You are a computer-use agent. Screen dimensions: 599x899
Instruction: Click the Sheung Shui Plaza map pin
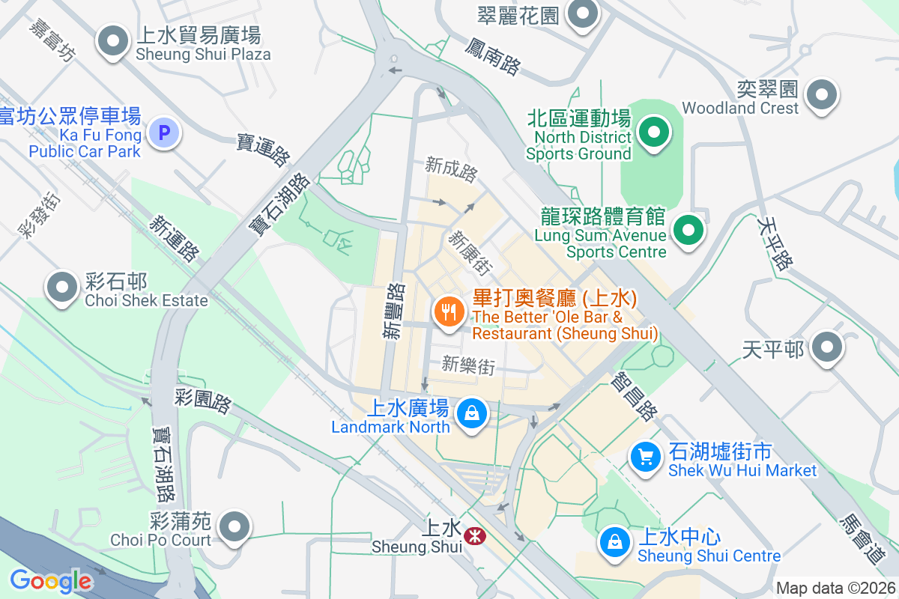pos(114,41)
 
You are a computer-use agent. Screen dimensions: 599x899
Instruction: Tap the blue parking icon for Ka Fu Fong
pos(164,134)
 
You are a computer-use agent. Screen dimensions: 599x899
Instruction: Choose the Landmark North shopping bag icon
pos(473,413)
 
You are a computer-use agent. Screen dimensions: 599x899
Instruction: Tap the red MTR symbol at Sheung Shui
pos(473,536)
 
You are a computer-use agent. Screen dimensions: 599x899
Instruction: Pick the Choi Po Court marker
pos(235,526)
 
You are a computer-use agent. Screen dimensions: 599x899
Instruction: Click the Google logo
pos(50,580)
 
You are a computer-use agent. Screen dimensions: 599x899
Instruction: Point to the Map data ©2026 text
pos(835,588)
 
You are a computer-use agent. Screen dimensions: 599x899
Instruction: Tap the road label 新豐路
pos(394,310)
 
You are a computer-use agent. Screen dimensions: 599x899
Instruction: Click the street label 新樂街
pos(468,365)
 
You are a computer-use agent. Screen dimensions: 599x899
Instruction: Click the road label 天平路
pos(775,244)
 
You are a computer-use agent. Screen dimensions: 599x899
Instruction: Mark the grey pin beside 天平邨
pos(827,347)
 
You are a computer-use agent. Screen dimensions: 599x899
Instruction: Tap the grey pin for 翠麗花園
pos(583,13)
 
